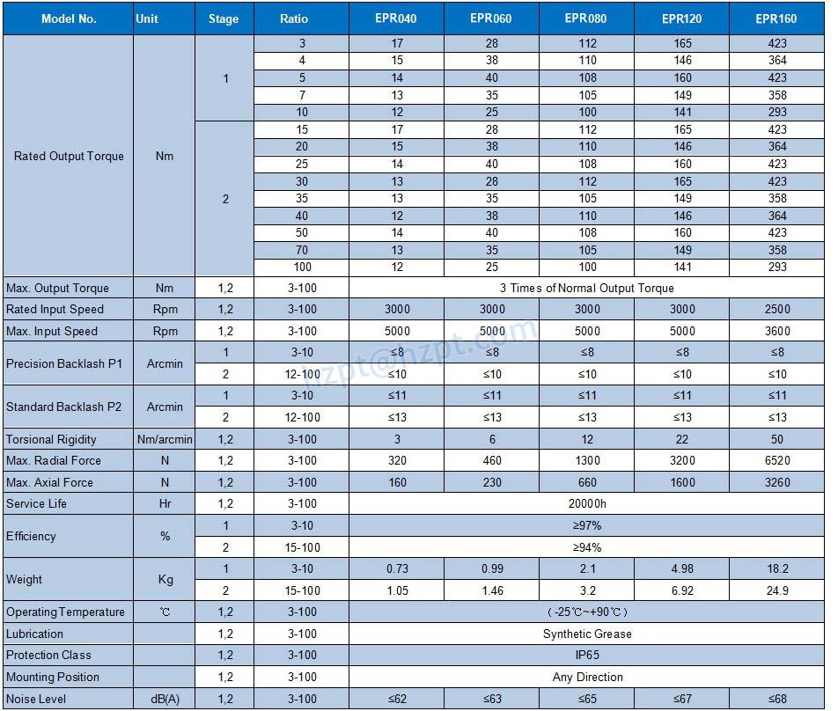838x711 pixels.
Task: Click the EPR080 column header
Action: (x=587, y=18)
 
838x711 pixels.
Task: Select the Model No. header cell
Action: (x=69, y=18)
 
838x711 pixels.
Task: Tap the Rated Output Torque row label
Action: (x=69, y=156)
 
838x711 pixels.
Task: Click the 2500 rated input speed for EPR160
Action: (x=776, y=309)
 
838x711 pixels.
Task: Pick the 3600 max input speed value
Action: (x=776, y=331)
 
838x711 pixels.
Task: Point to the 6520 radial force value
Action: (x=776, y=460)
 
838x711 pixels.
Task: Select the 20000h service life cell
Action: (x=587, y=503)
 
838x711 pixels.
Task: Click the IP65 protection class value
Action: (x=587, y=655)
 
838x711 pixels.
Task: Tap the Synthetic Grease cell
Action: (x=587, y=634)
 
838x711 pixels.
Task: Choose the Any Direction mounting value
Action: (x=587, y=677)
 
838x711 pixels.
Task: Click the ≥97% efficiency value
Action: (x=587, y=525)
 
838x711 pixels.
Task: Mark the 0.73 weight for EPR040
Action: (x=397, y=568)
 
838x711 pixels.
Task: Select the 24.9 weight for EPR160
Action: (x=776, y=590)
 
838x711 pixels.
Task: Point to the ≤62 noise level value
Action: (x=397, y=699)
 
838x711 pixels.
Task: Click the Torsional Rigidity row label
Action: (x=51, y=439)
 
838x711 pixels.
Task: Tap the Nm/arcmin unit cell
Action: (x=165, y=439)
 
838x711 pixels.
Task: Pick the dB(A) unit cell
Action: (x=165, y=699)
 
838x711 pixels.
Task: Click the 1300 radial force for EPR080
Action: (x=587, y=460)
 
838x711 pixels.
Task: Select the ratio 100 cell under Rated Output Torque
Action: (x=303, y=267)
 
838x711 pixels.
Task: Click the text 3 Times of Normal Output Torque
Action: (x=587, y=288)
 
